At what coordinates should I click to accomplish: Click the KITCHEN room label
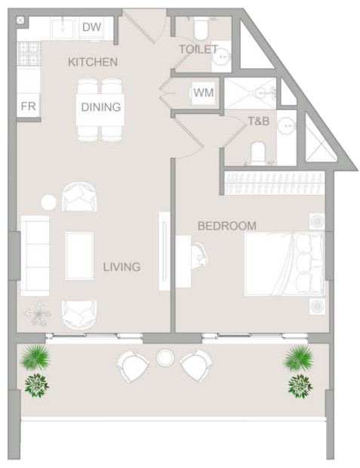point(93,62)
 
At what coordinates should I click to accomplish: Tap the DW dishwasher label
point(91,27)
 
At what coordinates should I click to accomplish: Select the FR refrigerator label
point(29,106)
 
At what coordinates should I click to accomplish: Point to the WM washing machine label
point(204,93)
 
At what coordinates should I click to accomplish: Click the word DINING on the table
point(101,107)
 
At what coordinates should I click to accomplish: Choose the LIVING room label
point(122,266)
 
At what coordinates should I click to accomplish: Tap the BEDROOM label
point(227,226)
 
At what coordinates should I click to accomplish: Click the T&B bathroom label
point(259,122)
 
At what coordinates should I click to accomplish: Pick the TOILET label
point(198,49)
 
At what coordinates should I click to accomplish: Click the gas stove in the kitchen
point(29,54)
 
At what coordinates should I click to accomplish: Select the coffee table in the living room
point(79,256)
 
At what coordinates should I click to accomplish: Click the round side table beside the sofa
point(48,202)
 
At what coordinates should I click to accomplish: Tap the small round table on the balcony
point(165,358)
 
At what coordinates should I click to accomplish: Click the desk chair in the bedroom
point(200,256)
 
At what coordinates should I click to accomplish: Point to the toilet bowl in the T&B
point(258,153)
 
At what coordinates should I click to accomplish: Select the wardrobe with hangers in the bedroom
point(274,183)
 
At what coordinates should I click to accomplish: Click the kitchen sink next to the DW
point(63,29)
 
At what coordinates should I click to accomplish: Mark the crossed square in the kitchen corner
point(20,20)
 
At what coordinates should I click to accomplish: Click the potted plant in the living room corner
point(38,314)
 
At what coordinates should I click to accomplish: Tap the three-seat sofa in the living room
point(35,256)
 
